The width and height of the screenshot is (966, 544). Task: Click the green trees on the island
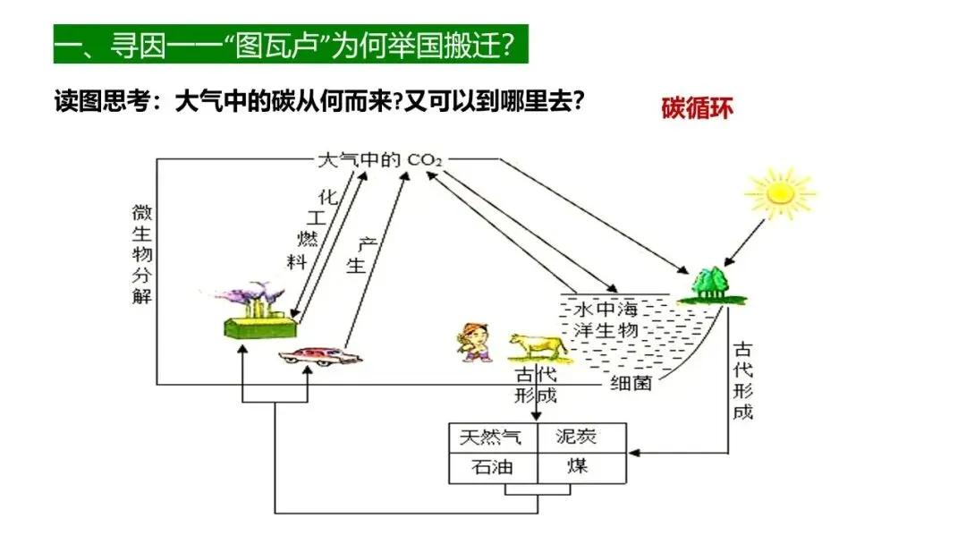(x=713, y=285)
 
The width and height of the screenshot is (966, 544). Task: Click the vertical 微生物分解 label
(x=141, y=254)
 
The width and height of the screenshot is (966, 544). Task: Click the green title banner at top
(x=291, y=45)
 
